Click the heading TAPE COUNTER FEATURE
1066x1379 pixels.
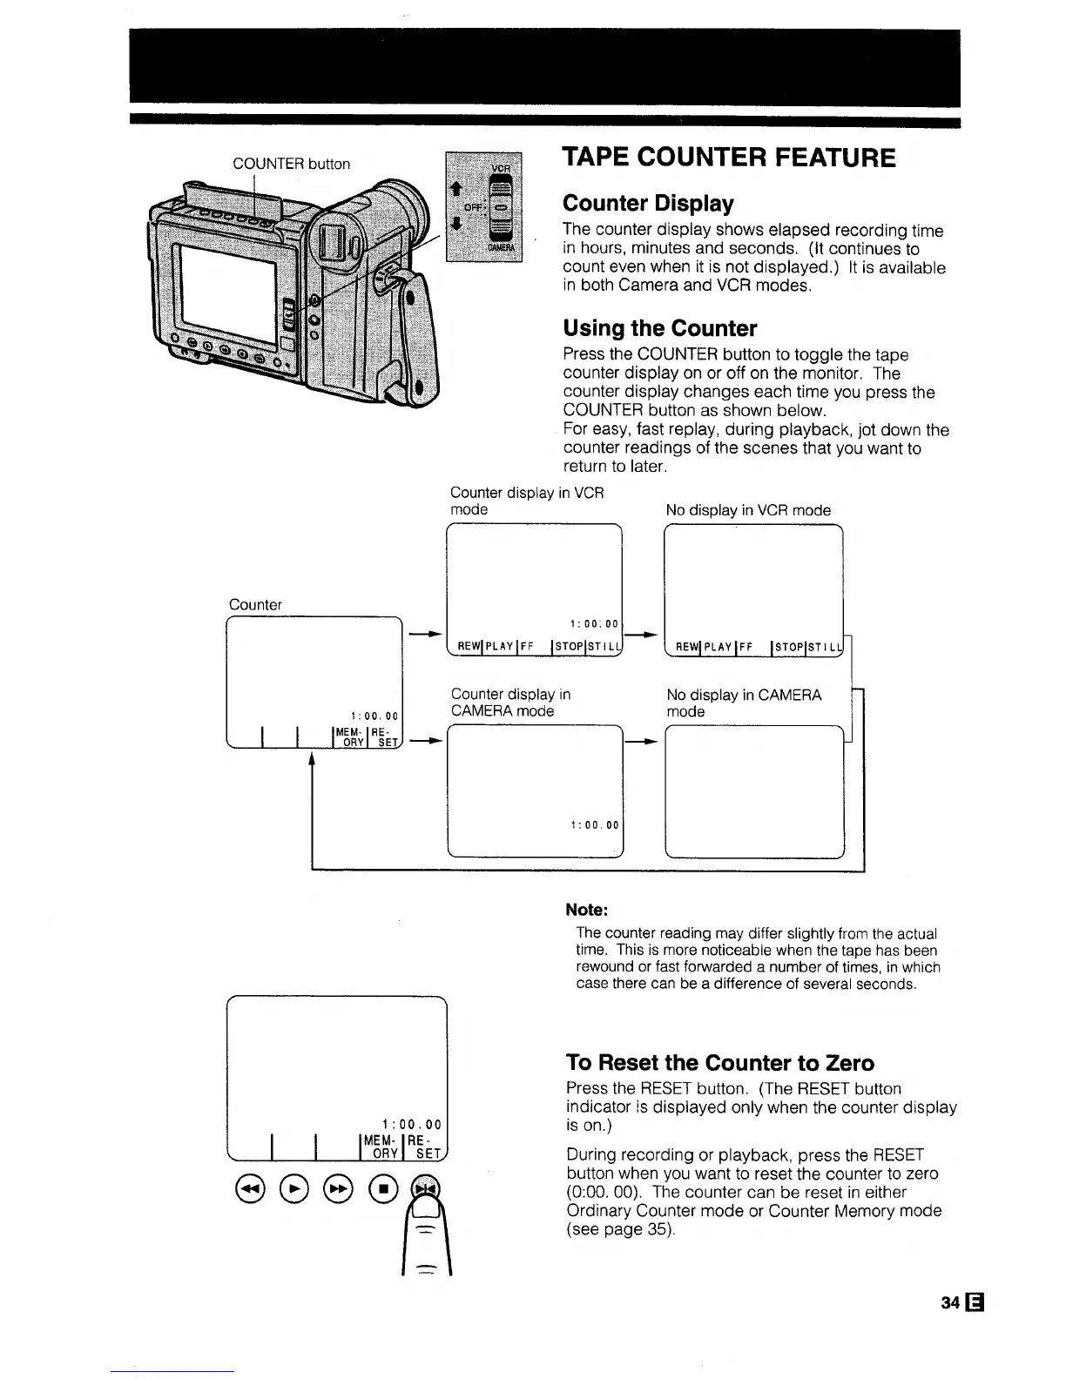click(728, 158)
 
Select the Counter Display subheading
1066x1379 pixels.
click(648, 204)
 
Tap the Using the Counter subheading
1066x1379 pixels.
click(659, 328)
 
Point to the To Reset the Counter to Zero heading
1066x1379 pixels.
click(719, 1063)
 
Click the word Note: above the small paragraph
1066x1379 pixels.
click(586, 910)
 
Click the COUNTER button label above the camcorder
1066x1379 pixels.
click(291, 164)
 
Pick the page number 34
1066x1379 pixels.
click(950, 1302)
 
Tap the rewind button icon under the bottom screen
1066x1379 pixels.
click(248, 1187)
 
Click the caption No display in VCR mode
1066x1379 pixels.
click(747, 510)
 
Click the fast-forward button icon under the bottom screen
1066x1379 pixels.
click(339, 1187)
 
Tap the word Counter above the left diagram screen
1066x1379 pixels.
click(255, 604)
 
